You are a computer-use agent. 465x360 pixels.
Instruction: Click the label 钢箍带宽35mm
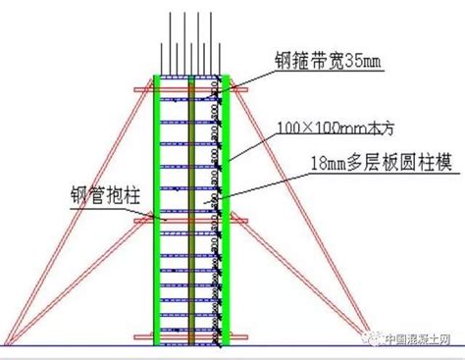(x=328, y=61)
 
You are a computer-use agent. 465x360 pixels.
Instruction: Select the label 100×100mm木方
(x=336, y=128)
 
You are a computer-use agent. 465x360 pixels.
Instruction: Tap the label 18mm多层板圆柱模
(x=382, y=163)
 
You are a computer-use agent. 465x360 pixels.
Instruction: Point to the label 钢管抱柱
(x=105, y=196)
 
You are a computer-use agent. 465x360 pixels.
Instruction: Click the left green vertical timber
(x=157, y=210)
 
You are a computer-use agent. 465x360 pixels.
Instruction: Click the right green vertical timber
(x=226, y=210)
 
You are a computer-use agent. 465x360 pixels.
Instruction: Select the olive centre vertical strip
(x=191, y=210)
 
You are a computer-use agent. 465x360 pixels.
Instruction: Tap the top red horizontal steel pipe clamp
(x=190, y=89)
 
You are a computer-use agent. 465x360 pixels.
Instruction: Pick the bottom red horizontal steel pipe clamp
(x=190, y=336)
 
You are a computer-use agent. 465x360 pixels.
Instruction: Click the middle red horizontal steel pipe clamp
(x=190, y=221)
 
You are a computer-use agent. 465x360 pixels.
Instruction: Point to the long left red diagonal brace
(x=78, y=213)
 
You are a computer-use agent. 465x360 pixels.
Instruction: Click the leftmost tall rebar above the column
(x=170, y=43)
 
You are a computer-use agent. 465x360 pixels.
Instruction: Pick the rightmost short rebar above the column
(x=220, y=59)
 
